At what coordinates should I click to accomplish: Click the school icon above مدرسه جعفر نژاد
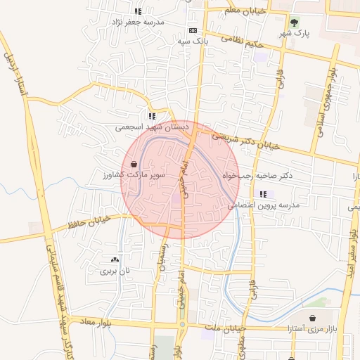138,11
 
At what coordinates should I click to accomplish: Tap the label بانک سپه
193,41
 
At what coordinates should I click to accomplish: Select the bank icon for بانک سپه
193,31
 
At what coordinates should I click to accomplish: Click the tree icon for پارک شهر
295,21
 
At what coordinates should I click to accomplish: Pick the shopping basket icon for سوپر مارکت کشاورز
134,163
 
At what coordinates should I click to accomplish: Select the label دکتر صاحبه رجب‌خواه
257,174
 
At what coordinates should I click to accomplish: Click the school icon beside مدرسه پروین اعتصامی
263,194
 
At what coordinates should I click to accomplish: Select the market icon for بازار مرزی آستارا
311,319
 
